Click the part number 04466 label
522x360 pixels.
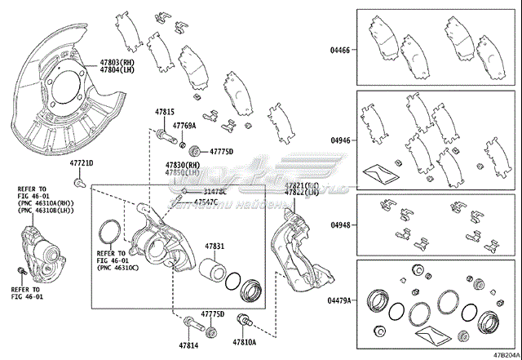coord(339,51)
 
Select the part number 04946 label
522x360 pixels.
coord(339,140)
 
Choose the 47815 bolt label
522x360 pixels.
coord(166,111)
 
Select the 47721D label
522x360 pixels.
coord(80,163)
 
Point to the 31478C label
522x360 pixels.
coord(207,191)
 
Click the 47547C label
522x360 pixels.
coord(205,201)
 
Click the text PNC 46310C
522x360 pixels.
coord(119,267)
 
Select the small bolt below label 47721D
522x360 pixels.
coord(77,180)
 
